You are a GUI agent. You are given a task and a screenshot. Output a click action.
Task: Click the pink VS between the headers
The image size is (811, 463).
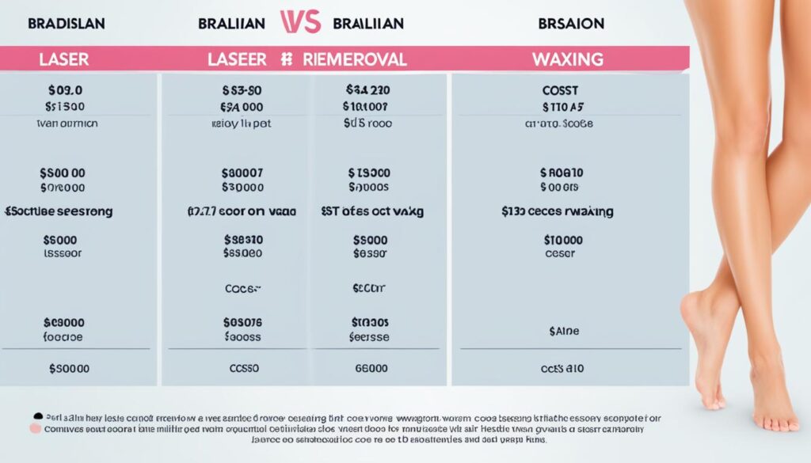coord(300,21)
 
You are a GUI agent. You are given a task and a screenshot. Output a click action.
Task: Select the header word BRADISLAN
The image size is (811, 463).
coord(67,24)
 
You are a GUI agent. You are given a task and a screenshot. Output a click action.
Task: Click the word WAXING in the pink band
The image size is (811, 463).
coord(569,59)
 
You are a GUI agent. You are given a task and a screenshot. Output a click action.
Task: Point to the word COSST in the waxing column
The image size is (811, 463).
coord(560,91)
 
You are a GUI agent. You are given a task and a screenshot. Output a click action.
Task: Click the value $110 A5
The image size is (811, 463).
coord(562,107)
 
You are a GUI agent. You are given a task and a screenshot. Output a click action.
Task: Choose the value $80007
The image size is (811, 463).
coord(243,173)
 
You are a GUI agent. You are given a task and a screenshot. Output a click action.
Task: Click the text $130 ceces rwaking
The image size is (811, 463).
coord(558,212)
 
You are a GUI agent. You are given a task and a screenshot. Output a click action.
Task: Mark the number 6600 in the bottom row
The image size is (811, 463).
coord(371,368)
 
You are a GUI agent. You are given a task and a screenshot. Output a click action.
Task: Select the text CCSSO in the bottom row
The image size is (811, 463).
coord(243,368)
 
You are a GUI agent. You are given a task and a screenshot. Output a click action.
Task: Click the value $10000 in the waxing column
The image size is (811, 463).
coord(562,239)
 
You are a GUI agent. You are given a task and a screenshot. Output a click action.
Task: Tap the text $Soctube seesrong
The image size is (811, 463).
coord(59,212)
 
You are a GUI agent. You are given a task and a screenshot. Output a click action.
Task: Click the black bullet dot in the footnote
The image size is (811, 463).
coord(38,416)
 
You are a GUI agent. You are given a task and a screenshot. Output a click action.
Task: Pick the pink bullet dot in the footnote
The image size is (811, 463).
coord(34,427)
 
